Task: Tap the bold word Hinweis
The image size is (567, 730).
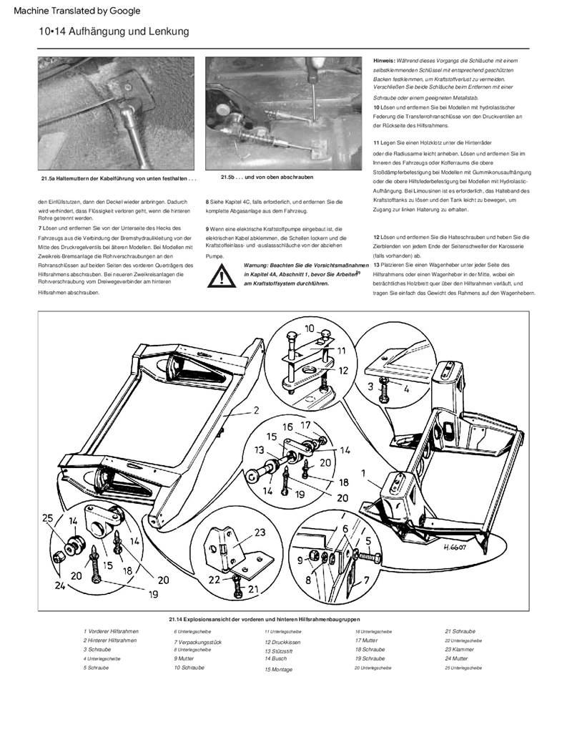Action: (383, 60)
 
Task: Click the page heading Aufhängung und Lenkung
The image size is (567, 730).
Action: (114, 31)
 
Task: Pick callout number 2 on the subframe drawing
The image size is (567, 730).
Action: (254, 412)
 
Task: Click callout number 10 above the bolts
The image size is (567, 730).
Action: (309, 328)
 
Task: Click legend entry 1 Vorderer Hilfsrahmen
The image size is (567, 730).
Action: (111, 631)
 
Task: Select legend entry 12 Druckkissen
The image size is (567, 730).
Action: (282, 643)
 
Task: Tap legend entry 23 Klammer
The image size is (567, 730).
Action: (459, 650)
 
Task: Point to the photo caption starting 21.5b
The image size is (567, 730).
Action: (267, 177)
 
